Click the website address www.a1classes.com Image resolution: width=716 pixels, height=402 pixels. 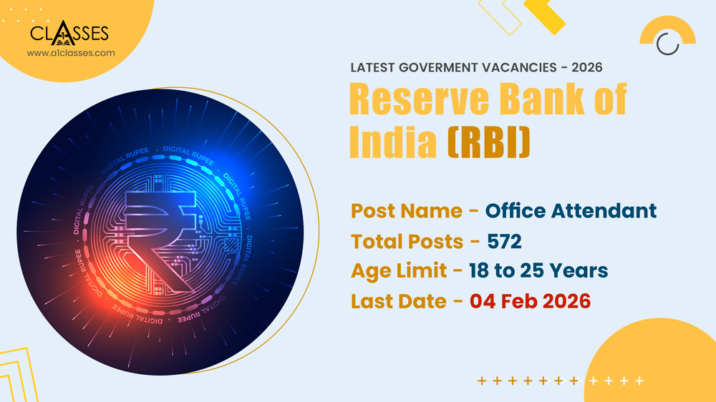[x=70, y=53]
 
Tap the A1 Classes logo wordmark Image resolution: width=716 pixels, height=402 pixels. [x=69, y=34]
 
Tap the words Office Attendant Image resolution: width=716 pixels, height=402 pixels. [x=571, y=211]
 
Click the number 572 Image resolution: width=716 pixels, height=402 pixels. [x=504, y=242]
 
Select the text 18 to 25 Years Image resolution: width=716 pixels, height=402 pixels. [x=538, y=271]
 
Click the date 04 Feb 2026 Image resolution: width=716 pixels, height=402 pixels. [x=530, y=301]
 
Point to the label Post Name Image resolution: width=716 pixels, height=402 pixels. [x=406, y=211]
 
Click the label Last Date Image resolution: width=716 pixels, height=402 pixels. [x=398, y=301]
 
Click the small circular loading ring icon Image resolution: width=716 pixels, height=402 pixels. [x=668, y=43]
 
